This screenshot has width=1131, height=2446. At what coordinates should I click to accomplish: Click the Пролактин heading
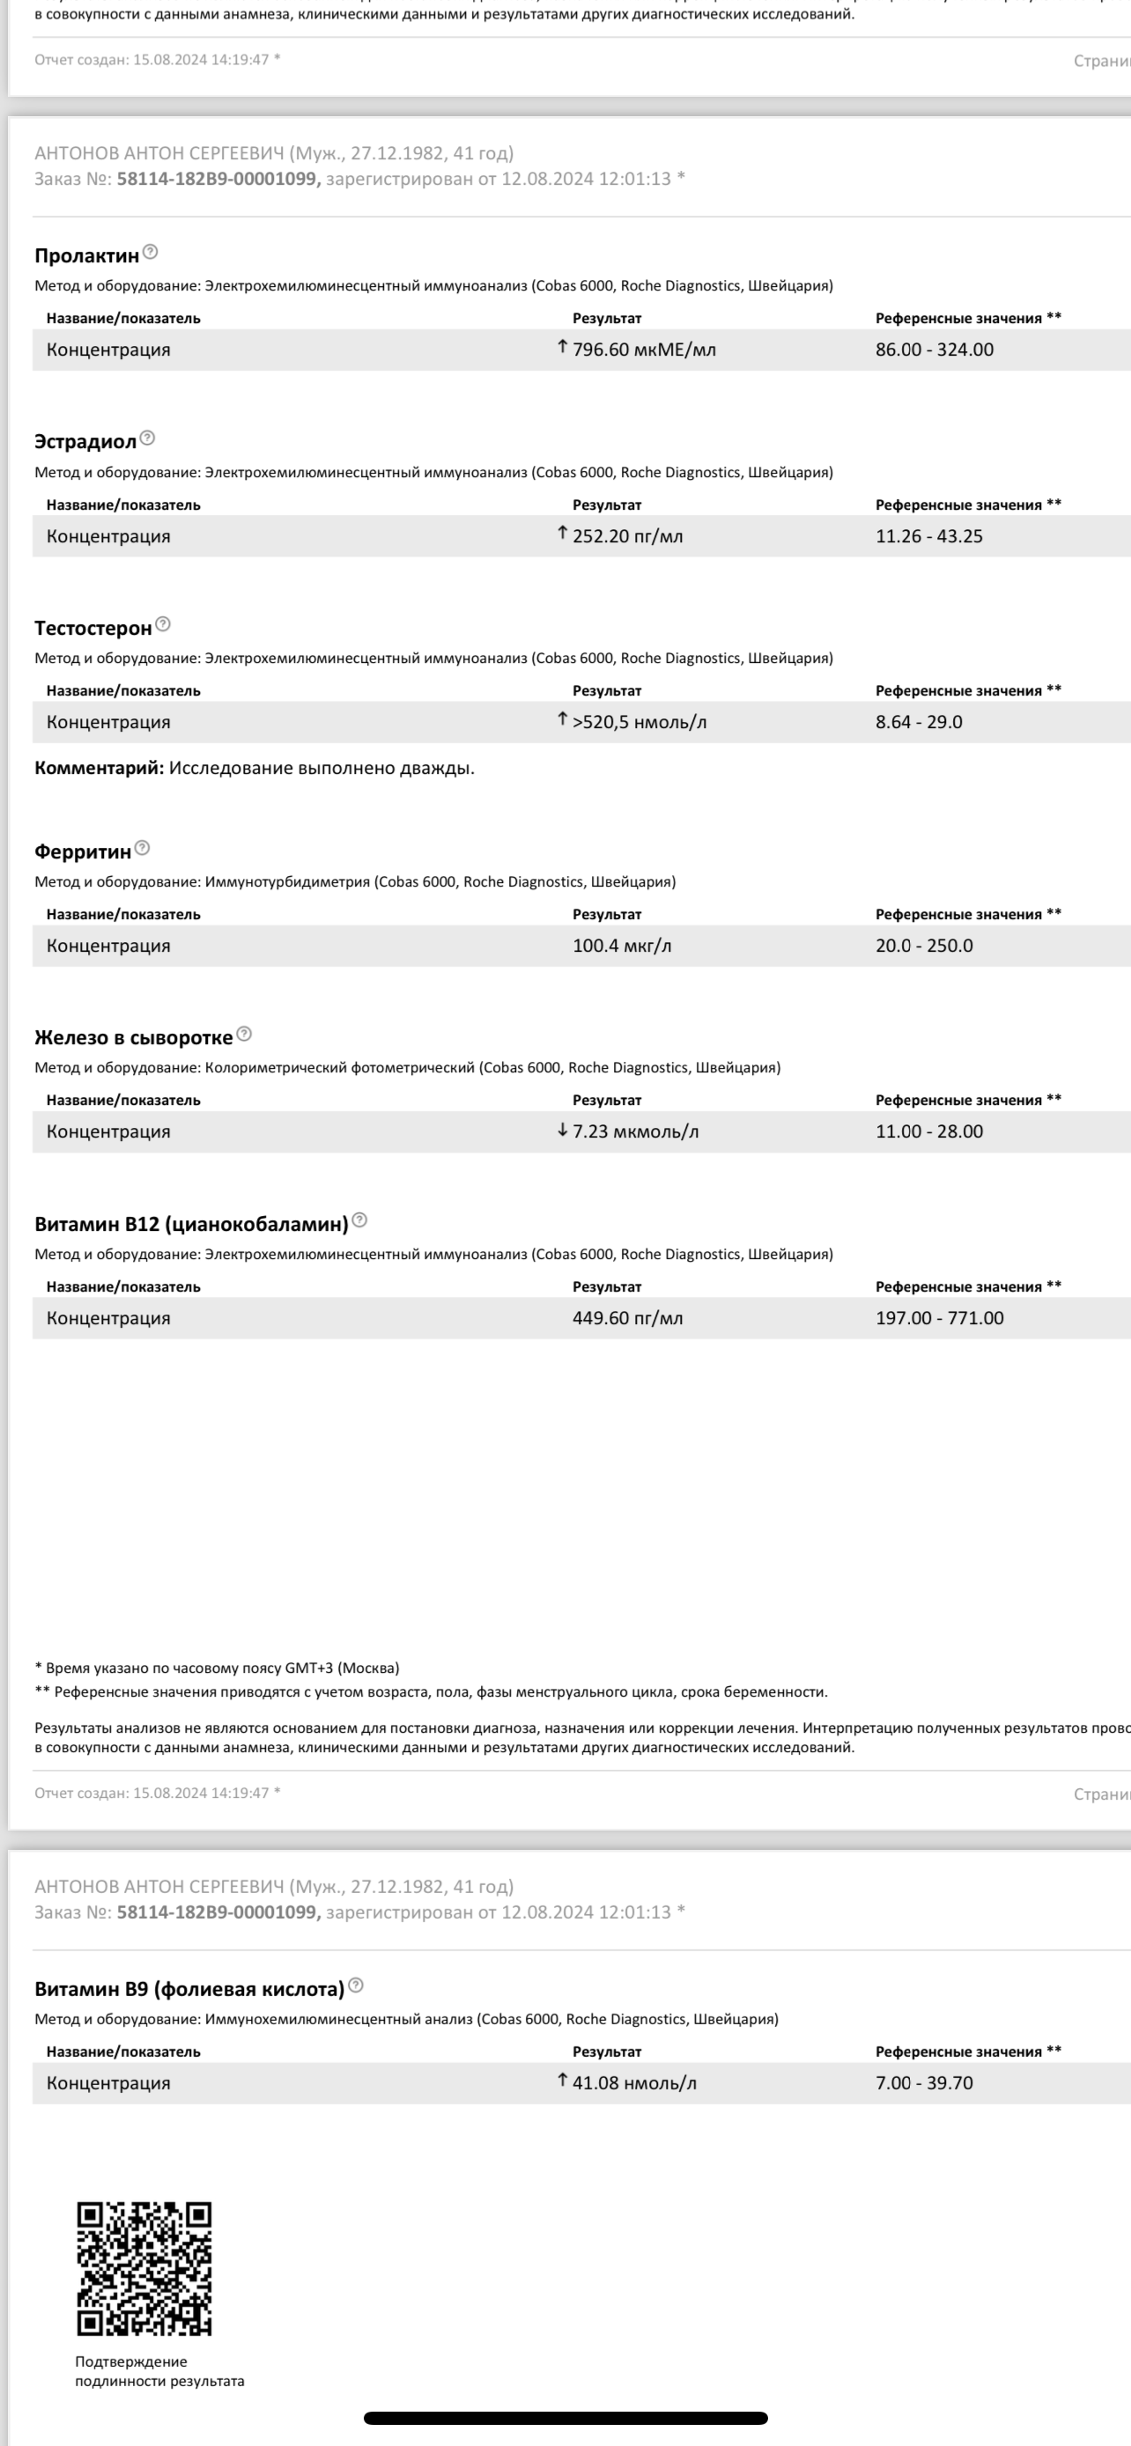click(x=86, y=255)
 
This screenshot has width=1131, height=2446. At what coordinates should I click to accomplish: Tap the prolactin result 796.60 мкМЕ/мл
click(x=644, y=350)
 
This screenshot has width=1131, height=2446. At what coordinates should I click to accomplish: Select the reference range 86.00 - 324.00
click(x=935, y=350)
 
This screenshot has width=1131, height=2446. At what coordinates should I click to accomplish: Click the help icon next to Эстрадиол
click(x=147, y=438)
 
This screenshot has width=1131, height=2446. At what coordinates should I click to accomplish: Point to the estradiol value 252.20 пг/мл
click(x=627, y=535)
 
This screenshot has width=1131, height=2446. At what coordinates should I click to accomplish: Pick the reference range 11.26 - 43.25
click(x=928, y=535)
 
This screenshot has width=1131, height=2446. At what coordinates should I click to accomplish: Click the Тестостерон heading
click(x=93, y=628)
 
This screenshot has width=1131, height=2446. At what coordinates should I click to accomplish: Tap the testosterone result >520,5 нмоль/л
click(x=639, y=722)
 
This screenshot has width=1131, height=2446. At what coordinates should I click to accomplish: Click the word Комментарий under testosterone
click(x=99, y=768)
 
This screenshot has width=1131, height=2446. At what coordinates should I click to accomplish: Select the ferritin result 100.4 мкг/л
click(x=621, y=946)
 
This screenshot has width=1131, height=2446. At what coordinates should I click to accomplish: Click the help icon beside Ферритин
click(x=143, y=848)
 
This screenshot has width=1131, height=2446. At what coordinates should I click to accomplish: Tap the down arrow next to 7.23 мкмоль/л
click(x=562, y=1130)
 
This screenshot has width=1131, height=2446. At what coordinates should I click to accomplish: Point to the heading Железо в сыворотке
click(x=133, y=1038)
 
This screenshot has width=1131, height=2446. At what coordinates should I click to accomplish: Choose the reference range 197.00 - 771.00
click(x=939, y=1318)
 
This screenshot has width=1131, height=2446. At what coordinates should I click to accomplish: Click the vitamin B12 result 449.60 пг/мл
click(x=627, y=1318)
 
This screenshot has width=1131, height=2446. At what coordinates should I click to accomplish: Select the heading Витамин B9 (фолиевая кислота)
click(x=189, y=1988)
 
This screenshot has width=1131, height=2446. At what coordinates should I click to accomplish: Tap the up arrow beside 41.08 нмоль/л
click(x=562, y=2081)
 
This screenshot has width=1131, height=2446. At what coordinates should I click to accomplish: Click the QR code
click(x=144, y=2267)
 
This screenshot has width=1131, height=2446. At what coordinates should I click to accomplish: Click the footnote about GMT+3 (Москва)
click(x=217, y=1668)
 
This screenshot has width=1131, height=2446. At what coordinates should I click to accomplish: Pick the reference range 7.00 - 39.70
click(x=924, y=2082)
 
